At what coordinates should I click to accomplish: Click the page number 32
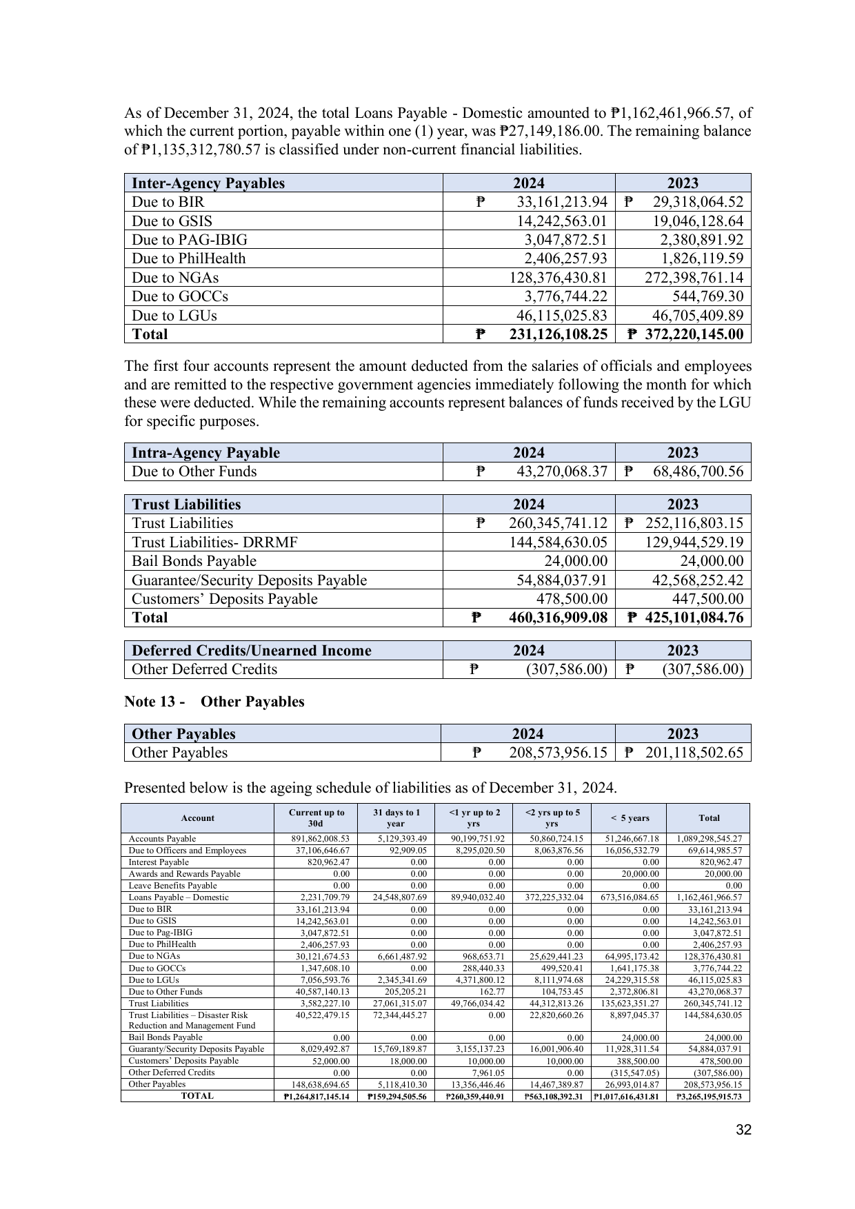(743, 1130)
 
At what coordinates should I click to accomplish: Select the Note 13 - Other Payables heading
(214, 702)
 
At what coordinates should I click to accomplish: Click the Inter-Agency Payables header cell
(208, 183)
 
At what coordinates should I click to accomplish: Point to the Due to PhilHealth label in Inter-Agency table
(189, 258)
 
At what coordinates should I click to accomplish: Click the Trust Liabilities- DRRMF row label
(214, 542)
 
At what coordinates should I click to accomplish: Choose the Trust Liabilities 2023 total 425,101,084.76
(694, 618)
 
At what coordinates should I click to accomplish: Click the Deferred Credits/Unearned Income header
(251, 651)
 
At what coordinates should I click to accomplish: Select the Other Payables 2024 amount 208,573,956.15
(558, 753)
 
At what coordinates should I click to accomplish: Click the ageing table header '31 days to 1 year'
(396, 818)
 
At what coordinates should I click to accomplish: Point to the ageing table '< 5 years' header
(630, 818)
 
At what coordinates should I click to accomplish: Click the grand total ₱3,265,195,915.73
(708, 1096)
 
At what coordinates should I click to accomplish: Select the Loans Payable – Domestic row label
(179, 897)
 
